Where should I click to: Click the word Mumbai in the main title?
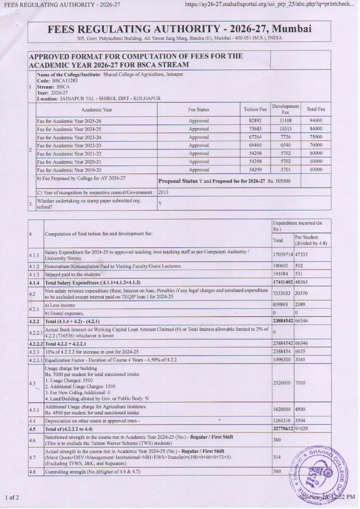click(x=291, y=29)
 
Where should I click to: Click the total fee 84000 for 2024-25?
click(x=316, y=129)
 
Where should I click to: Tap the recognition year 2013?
click(x=164, y=192)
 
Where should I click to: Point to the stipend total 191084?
click(x=281, y=274)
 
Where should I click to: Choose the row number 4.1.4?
click(x=35, y=283)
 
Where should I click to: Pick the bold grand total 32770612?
click(x=283, y=429)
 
